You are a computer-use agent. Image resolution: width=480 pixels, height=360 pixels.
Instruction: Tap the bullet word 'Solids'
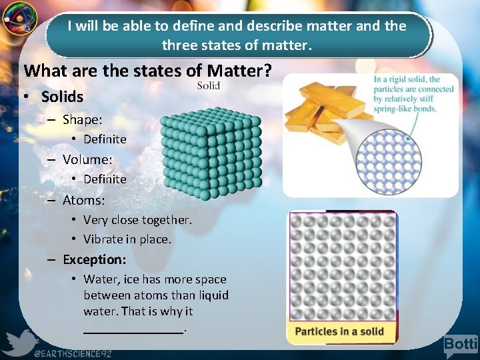pyautogui.click(x=62, y=97)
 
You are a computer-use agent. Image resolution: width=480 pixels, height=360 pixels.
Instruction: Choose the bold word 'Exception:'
pyautogui.click(x=94, y=259)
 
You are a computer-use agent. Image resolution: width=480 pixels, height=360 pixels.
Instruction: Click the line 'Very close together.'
pyautogui.click(x=137, y=220)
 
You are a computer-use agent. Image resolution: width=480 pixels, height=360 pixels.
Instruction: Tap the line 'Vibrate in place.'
pyautogui.click(x=127, y=239)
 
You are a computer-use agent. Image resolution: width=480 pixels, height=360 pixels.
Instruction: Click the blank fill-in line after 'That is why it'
pyautogui.click(x=133, y=328)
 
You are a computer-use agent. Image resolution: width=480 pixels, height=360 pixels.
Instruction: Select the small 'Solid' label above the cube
pyautogui.click(x=209, y=85)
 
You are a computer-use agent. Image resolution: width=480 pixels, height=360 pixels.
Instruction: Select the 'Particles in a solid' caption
pyautogui.click(x=339, y=331)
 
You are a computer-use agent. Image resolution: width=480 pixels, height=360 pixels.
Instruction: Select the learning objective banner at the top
pyautogui.click(x=237, y=36)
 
